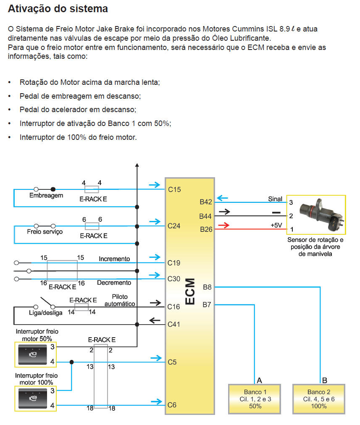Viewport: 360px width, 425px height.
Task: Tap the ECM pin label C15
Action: point(174,189)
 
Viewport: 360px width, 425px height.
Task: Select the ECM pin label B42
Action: point(206,202)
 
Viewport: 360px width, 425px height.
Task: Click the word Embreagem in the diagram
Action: point(46,196)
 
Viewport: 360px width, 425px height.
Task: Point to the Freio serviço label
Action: point(45,232)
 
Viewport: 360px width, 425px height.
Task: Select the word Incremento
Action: point(114,259)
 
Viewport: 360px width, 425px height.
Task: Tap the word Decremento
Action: point(114,283)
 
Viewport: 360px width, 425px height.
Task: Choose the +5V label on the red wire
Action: point(276,226)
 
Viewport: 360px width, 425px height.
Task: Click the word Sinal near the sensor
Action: point(275,199)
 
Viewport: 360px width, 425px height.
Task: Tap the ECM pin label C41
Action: point(174,324)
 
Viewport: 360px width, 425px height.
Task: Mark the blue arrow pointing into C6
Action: point(156,402)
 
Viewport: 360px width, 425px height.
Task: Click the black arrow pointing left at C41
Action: point(155,321)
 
